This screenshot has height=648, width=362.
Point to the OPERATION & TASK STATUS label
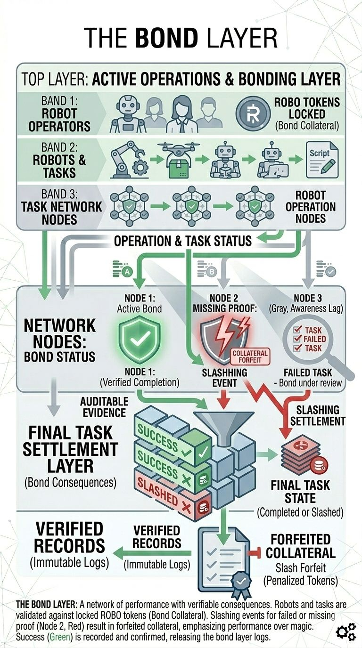(182, 242)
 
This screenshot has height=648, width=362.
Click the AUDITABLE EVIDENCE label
(104, 406)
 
